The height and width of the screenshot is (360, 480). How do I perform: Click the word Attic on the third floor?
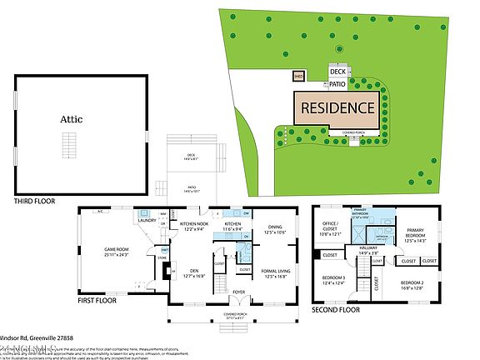(72, 119)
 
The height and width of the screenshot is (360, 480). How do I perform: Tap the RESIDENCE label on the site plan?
(337, 107)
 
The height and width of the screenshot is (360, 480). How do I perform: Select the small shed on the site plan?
(298, 77)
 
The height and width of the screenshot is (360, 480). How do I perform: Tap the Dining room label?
(275, 229)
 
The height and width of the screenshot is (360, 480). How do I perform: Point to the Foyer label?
(238, 292)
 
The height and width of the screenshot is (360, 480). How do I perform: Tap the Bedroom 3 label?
(332, 279)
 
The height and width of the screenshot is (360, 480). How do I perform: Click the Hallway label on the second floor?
(368, 248)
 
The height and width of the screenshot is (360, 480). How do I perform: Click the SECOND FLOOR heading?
(336, 309)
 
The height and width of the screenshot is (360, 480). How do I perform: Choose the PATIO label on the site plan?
(337, 84)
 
